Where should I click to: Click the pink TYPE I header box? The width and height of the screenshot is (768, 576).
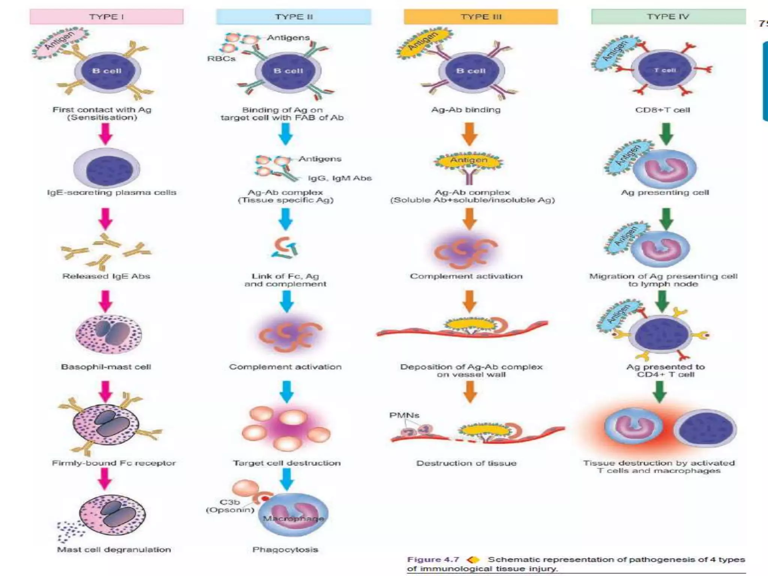tap(106, 17)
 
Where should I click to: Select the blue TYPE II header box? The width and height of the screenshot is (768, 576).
tap(294, 17)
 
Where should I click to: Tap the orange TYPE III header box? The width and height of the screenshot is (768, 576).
tap(481, 17)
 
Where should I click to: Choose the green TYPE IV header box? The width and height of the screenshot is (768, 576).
tap(668, 16)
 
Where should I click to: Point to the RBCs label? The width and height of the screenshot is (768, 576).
tap(221, 59)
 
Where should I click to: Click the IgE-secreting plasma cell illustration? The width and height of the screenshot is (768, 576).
tap(107, 169)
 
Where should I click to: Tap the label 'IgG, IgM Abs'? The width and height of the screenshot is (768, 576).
tap(340, 178)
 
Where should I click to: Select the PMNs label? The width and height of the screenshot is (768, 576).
tap(404, 415)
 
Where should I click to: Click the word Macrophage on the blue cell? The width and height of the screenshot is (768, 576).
tap(293, 519)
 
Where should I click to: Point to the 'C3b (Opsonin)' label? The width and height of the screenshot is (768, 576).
tap(230, 506)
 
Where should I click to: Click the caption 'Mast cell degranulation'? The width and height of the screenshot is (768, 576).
tap(114, 550)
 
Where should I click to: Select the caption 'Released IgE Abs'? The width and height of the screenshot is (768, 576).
tap(106, 276)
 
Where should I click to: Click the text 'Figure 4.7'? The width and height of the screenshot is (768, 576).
tap(433, 559)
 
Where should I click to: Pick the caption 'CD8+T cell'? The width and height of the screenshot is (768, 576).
tap(663, 110)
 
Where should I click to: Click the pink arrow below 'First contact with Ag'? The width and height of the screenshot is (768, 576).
tap(106, 134)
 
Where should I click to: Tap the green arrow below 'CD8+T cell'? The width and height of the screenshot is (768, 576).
tap(666, 134)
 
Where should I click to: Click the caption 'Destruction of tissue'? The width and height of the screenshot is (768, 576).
tap(466, 463)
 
